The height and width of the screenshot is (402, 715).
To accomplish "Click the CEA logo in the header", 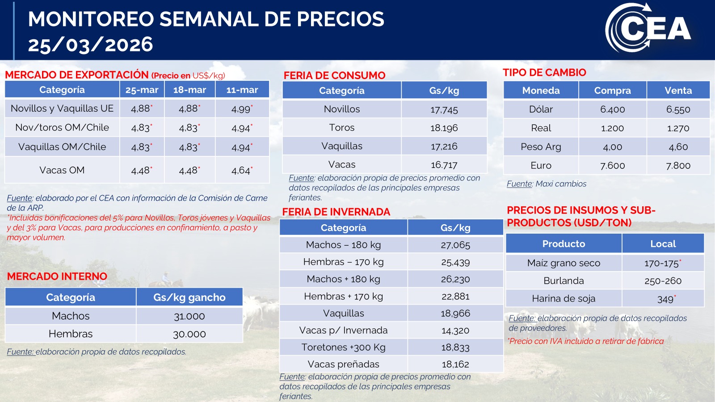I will tap(648, 28).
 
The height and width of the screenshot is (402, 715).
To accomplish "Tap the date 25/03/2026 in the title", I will tap(90, 45).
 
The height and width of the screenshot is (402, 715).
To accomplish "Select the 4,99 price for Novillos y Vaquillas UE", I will tap(241, 109).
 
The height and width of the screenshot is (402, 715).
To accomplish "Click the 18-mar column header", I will tap(189, 90).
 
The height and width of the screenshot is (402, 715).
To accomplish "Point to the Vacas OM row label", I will tap(62, 170).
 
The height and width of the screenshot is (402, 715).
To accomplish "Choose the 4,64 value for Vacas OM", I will tap(241, 170).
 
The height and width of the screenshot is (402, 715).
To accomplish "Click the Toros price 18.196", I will tap(444, 128).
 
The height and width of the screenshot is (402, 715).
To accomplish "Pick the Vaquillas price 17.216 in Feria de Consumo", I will tap(444, 146).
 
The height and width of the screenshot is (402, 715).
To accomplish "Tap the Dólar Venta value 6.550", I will tap(678, 109).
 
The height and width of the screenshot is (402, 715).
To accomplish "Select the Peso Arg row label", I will tap(541, 147).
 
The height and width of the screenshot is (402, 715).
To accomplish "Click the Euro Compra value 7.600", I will tap(612, 165).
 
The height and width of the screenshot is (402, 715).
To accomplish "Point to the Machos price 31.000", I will tap(189, 316).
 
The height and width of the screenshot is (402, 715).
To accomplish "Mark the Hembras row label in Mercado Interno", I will tap(71, 334).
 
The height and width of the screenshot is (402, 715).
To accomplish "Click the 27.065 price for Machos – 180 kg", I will tap(455, 245).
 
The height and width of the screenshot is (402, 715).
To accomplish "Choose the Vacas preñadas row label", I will tap(343, 364).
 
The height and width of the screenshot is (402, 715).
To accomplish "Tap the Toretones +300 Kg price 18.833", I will tap(455, 347).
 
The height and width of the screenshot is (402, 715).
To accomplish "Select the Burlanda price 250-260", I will tap(663, 281).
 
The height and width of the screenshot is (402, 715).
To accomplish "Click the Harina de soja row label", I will tap(564, 298).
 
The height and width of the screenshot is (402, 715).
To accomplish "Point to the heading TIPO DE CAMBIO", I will tap(544, 72).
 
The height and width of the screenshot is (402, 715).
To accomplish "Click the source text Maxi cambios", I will tap(561, 184).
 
